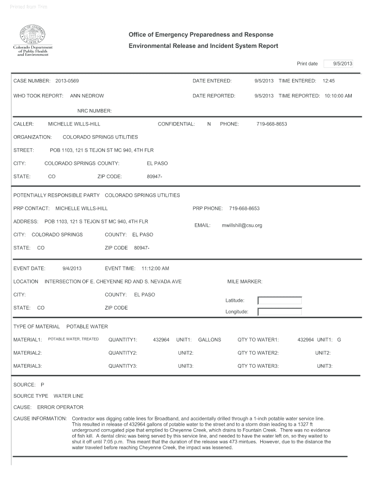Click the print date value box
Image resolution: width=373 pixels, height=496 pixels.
pyautogui.click(x=338, y=63)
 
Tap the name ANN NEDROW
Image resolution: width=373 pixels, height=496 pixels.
pyautogui.click(x=87, y=96)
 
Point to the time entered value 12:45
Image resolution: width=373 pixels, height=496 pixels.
pyautogui.click(x=328, y=80)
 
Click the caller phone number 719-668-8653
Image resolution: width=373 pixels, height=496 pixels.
pyautogui.click(x=271, y=124)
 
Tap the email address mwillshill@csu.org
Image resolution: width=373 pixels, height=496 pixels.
pyautogui.click(x=242, y=225)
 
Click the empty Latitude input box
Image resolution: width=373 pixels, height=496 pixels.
pyautogui.click(x=280, y=300)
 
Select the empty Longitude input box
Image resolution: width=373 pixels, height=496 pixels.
pyautogui.click(x=280, y=312)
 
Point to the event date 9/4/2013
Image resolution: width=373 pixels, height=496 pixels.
pyautogui.click(x=72, y=268)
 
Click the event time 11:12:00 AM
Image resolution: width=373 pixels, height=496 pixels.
pyautogui.click(x=155, y=268)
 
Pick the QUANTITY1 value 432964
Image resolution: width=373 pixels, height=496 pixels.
pyautogui.click(x=161, y=340)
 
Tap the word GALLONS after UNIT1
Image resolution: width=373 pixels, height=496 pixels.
pyautogui.click(x=209, y=340)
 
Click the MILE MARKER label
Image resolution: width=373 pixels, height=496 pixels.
pyautogui.click(x=245, y=281)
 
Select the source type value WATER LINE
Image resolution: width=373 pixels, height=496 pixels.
pyautogui.click(x=68, y=396)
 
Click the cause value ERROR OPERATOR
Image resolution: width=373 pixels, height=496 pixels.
pyautogui.click(x=60, y=407)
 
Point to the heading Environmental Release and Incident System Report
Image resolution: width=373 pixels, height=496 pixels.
pyautogui.click(x=203, y=46)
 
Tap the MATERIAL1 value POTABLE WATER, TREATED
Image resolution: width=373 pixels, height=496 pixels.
pyautogui.click(x=73, y=339)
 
